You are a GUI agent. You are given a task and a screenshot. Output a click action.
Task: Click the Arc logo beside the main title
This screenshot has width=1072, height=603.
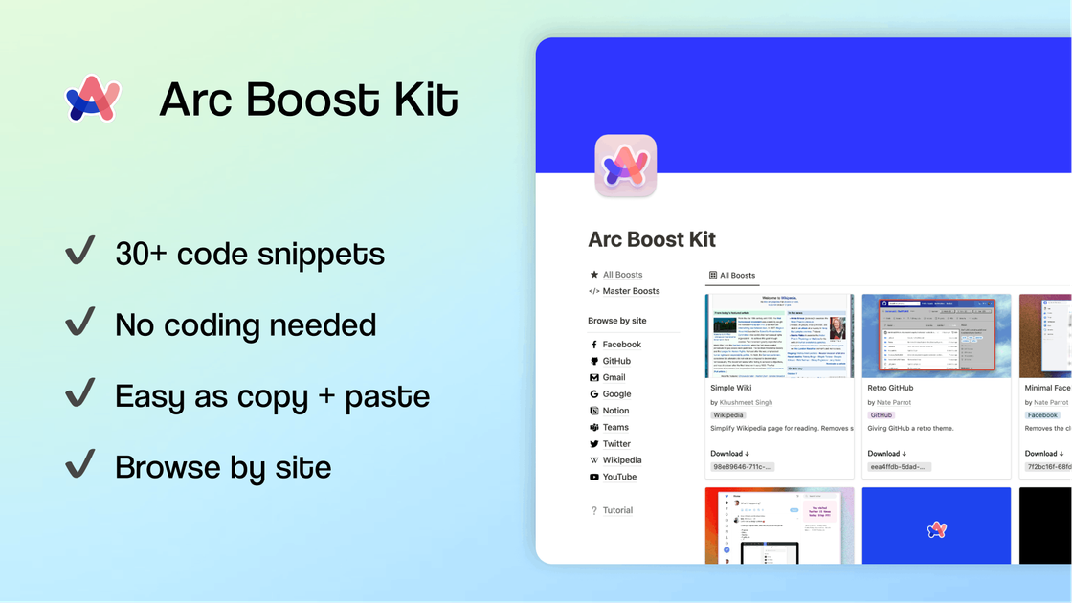[93, 99]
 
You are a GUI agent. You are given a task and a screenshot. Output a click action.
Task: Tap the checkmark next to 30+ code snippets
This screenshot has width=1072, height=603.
[79, 252]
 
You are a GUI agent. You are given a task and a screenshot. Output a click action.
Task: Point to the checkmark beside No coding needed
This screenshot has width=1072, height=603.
[79, 323]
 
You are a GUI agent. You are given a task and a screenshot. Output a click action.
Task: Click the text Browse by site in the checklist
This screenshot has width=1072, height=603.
[223, 467]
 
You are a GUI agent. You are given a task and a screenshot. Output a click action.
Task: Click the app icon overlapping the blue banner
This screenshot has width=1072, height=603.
[625, 166]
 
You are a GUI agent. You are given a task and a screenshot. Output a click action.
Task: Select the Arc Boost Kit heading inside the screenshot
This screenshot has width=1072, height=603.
[652, 239]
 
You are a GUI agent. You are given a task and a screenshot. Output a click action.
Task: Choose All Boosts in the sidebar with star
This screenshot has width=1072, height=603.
[622, 275]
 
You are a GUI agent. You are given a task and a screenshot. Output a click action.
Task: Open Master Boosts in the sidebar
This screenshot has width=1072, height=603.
[631, 291]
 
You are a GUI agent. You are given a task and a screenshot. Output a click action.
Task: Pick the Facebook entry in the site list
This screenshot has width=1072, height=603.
[621, 345]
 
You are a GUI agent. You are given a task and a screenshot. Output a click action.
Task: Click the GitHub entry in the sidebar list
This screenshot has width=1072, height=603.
[616, 361]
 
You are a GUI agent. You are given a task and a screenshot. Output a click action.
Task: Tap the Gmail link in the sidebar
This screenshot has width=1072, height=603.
[614, 377]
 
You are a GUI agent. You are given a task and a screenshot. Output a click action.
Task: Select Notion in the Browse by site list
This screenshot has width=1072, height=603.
[615, 411]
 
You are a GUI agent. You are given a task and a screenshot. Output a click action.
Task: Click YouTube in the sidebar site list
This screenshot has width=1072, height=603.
[619, 477]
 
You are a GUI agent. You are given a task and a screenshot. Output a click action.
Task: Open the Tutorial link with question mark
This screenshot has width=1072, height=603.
[617, 510]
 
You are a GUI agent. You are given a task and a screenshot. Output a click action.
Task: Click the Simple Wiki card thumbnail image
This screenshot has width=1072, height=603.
[780, 336]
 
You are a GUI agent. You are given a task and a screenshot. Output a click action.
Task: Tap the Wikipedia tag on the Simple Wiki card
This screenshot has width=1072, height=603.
[728, 415]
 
